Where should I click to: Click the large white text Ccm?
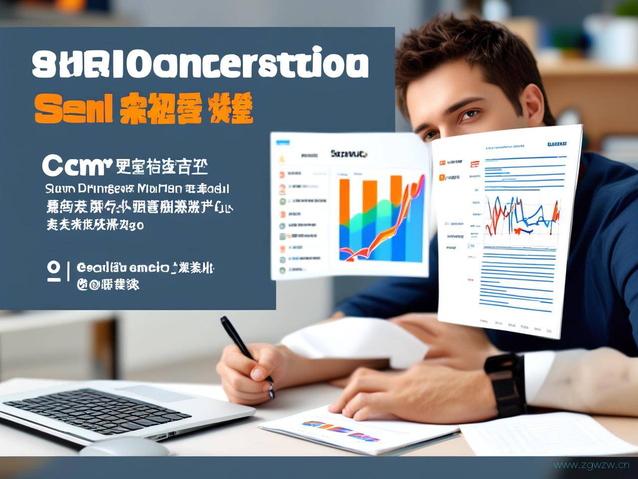[75, 165]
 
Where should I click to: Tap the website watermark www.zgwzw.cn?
[592, 465]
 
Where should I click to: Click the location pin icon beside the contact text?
[53, 271]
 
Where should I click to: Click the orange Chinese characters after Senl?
[186, 108]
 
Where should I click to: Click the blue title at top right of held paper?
[556, 144]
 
